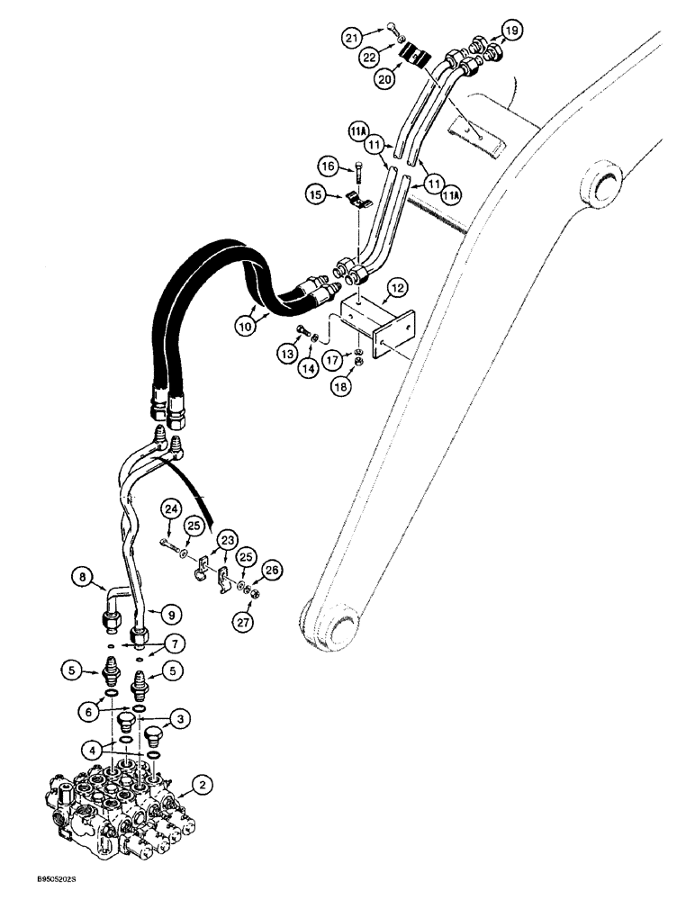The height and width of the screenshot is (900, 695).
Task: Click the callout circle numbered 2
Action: (206, 786)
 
